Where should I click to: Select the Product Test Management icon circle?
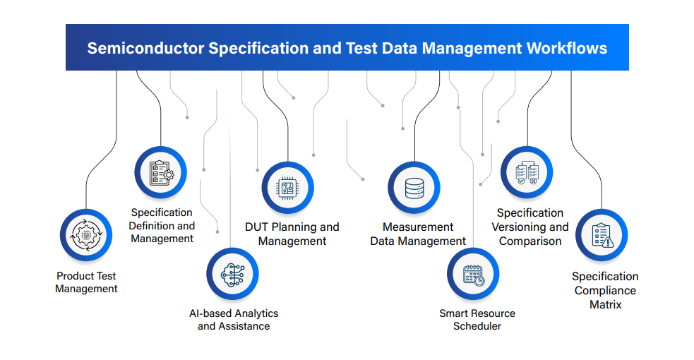(86, 235)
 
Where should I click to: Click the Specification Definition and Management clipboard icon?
(160, 172)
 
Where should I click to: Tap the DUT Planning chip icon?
(287, 188)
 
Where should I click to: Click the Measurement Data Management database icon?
(414, 188)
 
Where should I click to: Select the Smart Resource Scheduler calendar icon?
(473, 274)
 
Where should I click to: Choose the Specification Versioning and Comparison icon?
(527, 172)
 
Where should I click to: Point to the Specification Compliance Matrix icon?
(602, 235)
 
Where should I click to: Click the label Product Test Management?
(86, 282)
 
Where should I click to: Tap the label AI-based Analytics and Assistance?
(234, 320)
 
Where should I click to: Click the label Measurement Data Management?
(419, 234)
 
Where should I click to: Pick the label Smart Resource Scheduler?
(477, 320)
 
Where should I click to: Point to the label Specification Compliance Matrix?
(605, 290)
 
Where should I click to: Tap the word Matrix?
(605, 304)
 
